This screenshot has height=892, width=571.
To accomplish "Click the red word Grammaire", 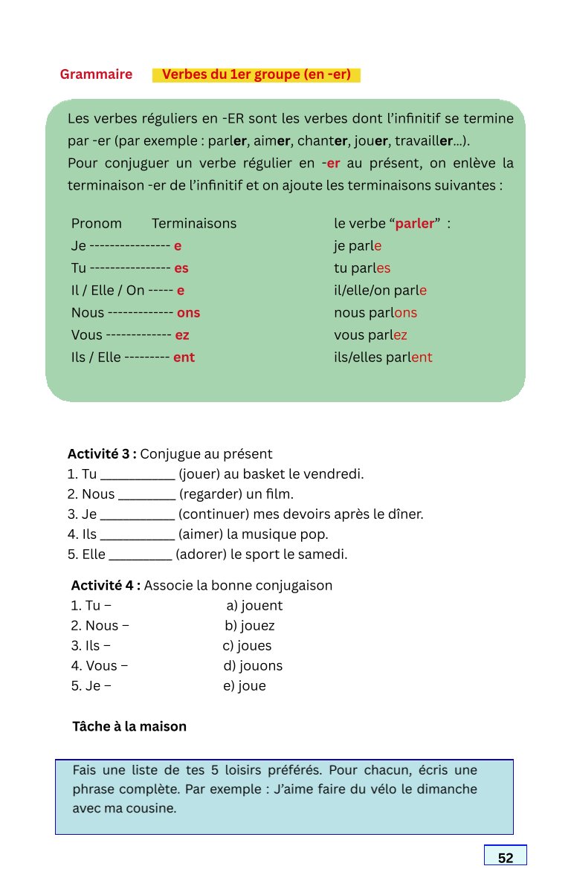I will (x=96, y=74).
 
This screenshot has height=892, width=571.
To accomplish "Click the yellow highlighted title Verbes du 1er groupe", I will (x=256, y=74).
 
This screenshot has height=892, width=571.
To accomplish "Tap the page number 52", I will (x=506, y=858).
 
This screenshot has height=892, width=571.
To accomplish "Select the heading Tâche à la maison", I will (x=129, y=726).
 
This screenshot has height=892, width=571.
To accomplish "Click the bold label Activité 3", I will (x=102, y=454).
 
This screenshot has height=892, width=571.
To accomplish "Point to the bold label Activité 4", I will (x=106, y=585).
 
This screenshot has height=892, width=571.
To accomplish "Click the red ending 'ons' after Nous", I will (x=188, y=313).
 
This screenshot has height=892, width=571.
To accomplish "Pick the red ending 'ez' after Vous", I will (x=182, y=335).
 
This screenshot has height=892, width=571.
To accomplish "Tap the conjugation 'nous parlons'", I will (x=375, y=313).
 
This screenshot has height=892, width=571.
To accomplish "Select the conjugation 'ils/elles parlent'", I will (x=383, y=358).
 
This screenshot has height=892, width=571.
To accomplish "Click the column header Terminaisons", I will (x=194, y=224).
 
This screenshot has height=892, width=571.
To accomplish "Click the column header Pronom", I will (x=96, y=224).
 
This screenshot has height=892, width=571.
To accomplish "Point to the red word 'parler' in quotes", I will (x=414, y=224).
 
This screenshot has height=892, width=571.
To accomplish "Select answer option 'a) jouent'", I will (x=254, y=606).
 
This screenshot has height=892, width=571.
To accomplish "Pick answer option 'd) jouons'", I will (x=253, y=666).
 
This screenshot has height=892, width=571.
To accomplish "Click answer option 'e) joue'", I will (x=244, y=686).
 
